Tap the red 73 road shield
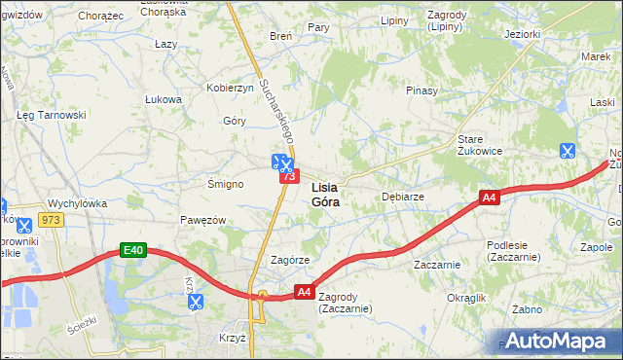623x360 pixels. tap(287, 176)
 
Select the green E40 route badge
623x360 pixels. tap(133, 251)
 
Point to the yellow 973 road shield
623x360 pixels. tap(52, 221)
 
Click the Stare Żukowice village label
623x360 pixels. tap(480, 145)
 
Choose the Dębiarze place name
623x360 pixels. tap(402, 196)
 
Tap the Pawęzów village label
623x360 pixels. tap(203, 220)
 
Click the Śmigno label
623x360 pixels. tap(225, 183)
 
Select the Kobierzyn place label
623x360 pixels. tap(230, 88)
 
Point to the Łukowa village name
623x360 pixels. tap(164, 99)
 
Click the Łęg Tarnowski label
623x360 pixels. tap(52, 115)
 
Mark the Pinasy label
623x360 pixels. tap(422, 90)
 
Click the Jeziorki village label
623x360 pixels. tap(523, 34)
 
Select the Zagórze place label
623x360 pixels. tap(289, 261)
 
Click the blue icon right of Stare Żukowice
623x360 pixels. tap(567, 151)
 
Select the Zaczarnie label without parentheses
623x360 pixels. tap(436, 264)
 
